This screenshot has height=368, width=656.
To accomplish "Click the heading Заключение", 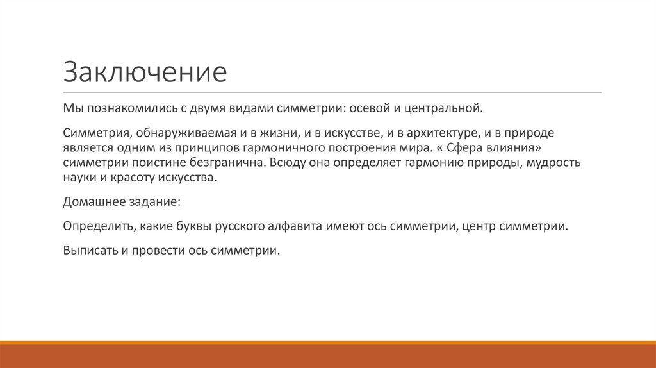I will [x=145, y=72].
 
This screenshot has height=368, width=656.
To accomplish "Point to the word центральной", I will [x=443, y=108].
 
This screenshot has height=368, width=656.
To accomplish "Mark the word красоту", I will [x=127, y=177].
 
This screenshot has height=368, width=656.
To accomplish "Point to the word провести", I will [x=156, y=251].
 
